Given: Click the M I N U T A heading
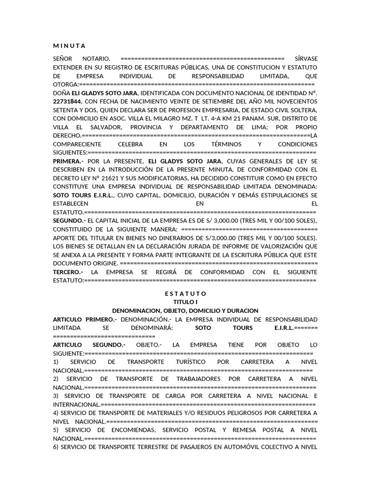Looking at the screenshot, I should (69, 46).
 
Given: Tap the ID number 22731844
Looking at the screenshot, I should (68, 102).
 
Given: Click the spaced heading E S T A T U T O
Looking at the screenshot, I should (185, 293).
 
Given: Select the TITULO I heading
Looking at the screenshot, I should (185, 302).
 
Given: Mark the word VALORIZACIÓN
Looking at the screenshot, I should (283, 246).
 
